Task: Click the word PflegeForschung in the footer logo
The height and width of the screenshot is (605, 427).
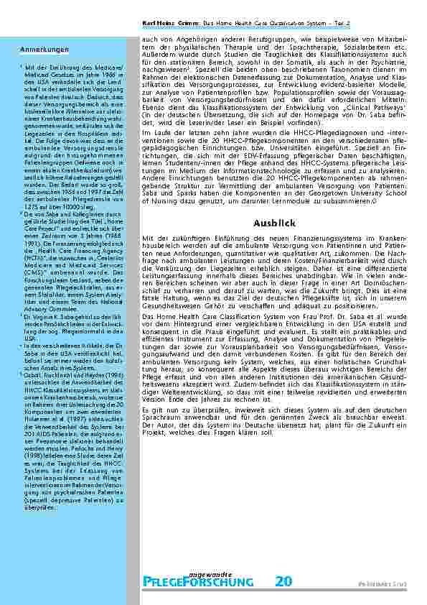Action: point(202,581)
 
